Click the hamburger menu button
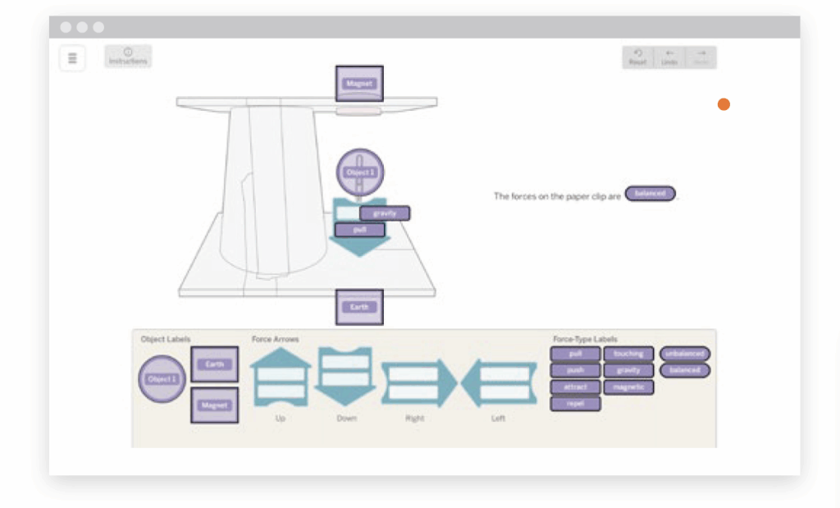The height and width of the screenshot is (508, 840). (72, 58)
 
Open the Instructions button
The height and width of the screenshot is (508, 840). (128, 57)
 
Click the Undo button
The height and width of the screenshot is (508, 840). (669, 57)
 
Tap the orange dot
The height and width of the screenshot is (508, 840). (724, 104)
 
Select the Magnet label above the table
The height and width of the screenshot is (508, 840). (359, 84)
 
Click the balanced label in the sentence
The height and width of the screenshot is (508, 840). (651, 194)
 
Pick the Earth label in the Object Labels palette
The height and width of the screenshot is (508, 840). (214, 364)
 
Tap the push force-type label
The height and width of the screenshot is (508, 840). (575, 370)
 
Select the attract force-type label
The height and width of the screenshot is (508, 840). (575, 387)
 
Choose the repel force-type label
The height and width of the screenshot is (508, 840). (575, 403)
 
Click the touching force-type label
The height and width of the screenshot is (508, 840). (628, 354)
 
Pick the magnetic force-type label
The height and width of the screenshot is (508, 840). (628, 387)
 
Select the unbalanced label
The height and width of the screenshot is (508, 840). (684, 354)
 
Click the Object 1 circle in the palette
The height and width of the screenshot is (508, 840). (162, 379)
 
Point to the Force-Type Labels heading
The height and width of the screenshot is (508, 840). (585, 339)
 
